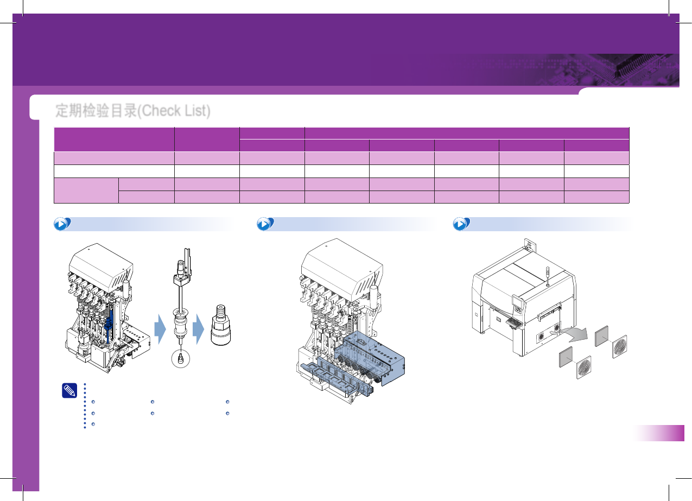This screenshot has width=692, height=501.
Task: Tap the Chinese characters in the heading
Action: coord(96,111)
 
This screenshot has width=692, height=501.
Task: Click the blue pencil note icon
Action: coord(69,391)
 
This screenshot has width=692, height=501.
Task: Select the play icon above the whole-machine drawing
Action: coord(461,224)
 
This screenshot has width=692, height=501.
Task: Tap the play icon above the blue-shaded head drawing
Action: coord(265,224)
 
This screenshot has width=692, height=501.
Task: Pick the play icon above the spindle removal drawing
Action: coord(62,224)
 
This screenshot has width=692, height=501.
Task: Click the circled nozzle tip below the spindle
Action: coord(181,359)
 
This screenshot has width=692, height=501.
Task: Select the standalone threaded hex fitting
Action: coord(220,325)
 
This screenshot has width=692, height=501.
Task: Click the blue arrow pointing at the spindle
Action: coord(160,329)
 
